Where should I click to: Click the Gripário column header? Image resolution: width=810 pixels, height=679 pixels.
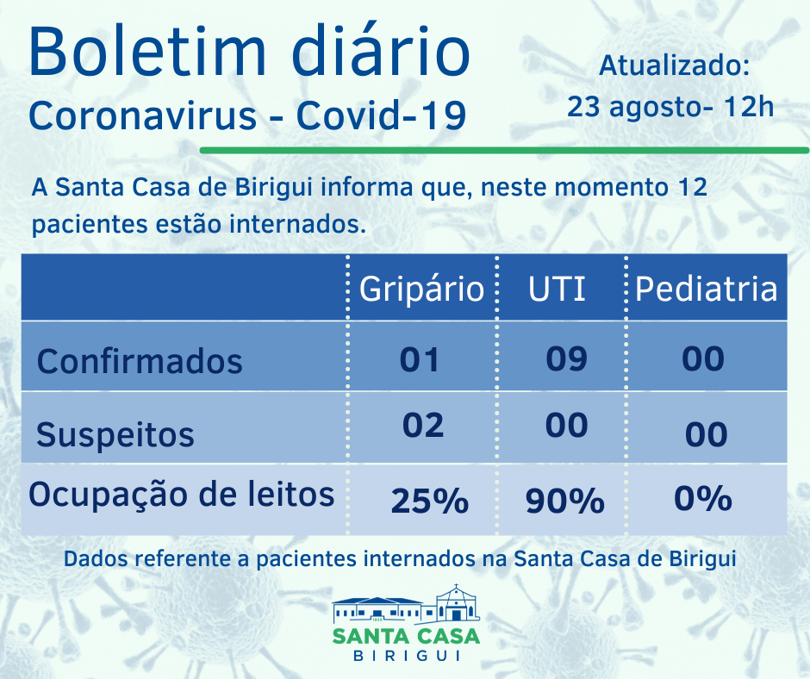pyautogui.click(x=421, y=289)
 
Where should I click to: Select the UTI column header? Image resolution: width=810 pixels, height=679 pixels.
pyautogui.click(x=557, y=289)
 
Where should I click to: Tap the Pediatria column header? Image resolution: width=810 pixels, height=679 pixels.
pyautogui.click(x=706, y=289)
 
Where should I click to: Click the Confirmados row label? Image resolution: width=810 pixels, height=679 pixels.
pyautogui.click(x=140, y=360)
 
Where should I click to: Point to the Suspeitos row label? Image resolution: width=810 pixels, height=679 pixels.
pyautogui.click(x=115, y=434)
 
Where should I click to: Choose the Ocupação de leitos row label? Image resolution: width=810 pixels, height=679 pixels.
pyautogui.click(x=182, y=495)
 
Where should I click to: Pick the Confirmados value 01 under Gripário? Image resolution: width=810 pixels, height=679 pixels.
pyautogui.click(x=420, y=358)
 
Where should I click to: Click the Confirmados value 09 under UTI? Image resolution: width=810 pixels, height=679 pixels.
pyautogui.click(x=566, y=358)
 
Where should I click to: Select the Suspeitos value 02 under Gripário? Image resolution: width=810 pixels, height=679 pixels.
pyautogui.click(x=422, y=425)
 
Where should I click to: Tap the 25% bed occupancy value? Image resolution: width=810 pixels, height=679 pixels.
pyautogui.click(x=429, y=500)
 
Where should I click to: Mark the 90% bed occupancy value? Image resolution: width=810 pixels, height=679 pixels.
pyautogui.click(x=565, y=500)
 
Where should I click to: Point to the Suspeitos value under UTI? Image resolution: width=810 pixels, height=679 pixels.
pyautogui.click(x=566, y=425)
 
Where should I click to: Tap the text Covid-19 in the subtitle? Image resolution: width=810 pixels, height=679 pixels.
pyautogui.click(x=382, y=116)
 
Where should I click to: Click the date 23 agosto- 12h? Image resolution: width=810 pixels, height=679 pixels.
pyautogui.click(x=670, y=108)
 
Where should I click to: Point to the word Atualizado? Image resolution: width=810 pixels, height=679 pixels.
pyautogui.click(x=674, y=65)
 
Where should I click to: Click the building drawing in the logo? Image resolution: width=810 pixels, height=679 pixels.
pyautogui.click(x=405, y=605)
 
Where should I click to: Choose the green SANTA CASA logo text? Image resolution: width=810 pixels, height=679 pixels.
pyautogui.click(x=406, y=636)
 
